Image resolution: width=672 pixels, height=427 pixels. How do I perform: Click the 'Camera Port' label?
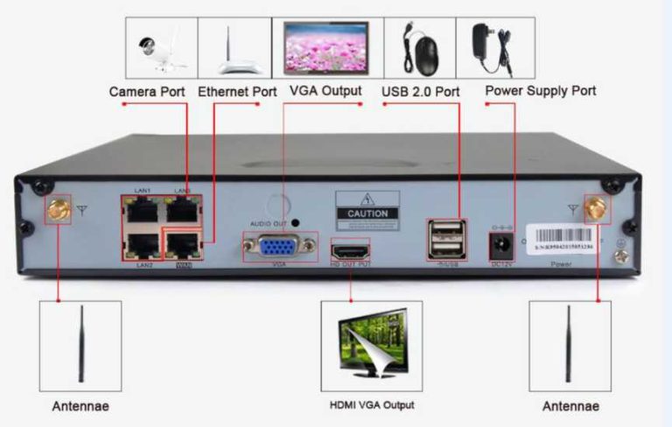tap(147, 91)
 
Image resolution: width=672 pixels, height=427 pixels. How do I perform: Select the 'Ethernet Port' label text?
tap(237, 91)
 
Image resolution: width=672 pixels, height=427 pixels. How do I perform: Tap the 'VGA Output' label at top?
tap(325, 91)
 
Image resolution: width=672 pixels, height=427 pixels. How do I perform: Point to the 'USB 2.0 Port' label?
tap(421, 91)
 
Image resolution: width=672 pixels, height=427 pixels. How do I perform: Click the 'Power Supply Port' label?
tap(540, 91)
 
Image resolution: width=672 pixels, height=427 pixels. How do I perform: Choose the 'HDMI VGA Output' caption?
tap(371, 405)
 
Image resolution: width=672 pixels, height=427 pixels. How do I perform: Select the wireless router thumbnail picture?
tap(234, 48)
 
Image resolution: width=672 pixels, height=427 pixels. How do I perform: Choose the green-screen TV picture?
tap(371, 346)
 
